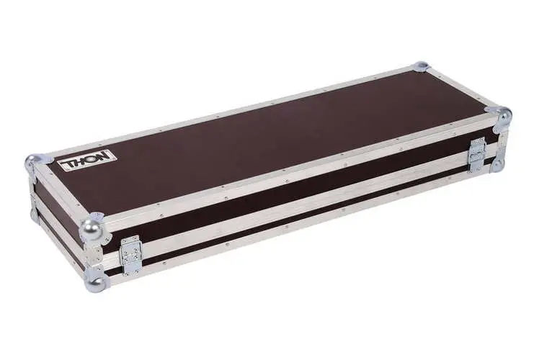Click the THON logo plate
tap(87, 160)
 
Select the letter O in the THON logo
tap(94, 158)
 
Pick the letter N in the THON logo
tap(105, 156)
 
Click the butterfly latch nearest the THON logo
tap(130, 256)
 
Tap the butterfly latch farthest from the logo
tap(478, 155)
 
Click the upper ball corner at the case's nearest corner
tap(92, 228)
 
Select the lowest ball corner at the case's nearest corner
tap(96, 279)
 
